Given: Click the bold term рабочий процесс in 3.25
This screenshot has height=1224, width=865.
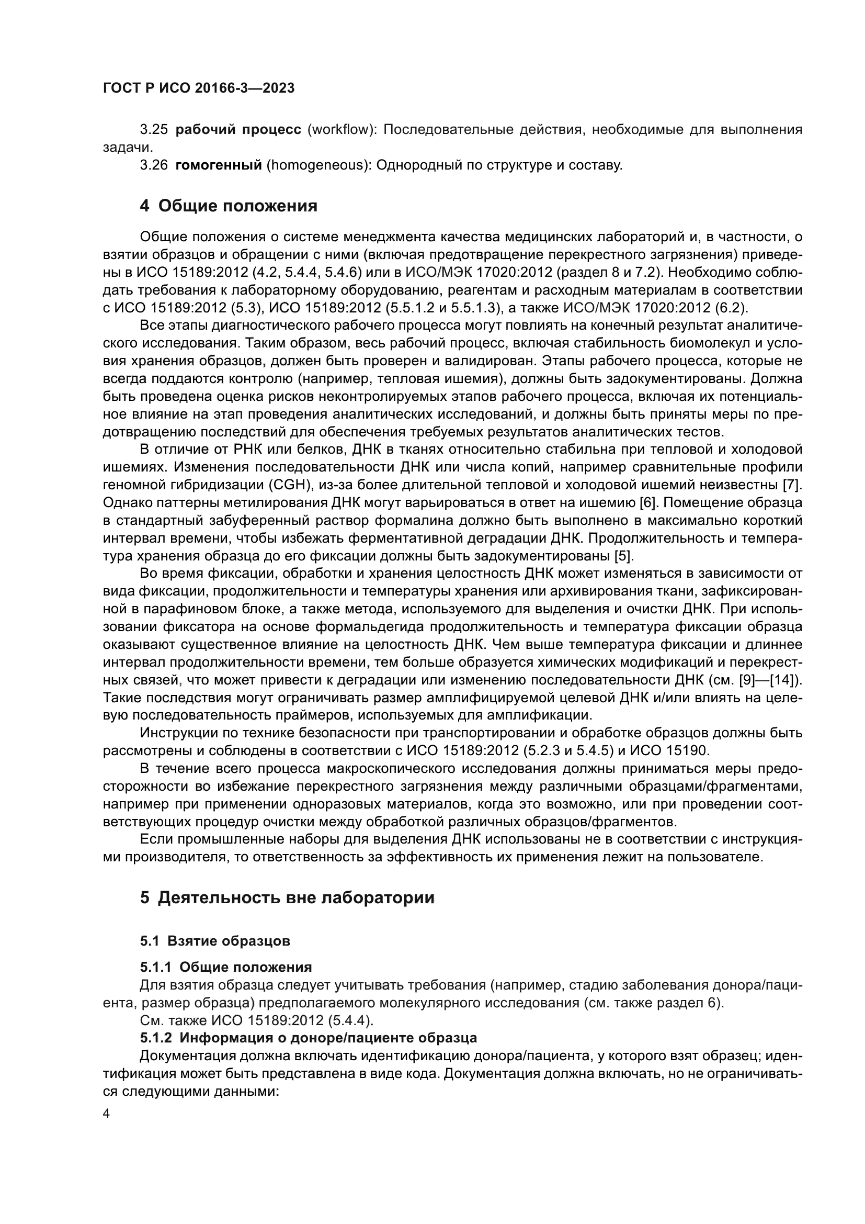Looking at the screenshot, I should [x=238, y=130].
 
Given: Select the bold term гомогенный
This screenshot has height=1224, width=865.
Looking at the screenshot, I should [x=219, y=165].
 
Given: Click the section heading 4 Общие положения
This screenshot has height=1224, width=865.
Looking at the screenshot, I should [x=229, y=206].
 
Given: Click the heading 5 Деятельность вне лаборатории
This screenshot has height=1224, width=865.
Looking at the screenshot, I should [x=287, y=898].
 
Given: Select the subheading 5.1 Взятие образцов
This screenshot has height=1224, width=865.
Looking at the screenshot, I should [x=215, y=941].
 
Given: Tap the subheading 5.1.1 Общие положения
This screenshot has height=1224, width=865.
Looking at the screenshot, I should [x=226, y=967].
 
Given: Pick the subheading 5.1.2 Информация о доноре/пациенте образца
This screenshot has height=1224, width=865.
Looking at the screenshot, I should [x=309, y=1038].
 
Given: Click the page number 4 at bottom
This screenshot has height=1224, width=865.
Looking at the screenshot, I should [x=107, y=1114].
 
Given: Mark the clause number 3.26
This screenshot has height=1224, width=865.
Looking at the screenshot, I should [x=153, y=165].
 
